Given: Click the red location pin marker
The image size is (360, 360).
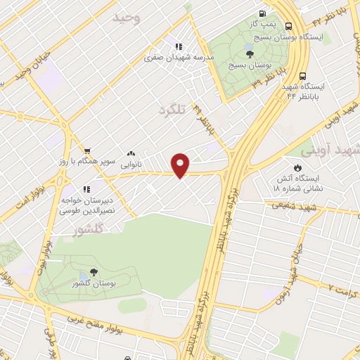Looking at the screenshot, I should click(x=181, y=165).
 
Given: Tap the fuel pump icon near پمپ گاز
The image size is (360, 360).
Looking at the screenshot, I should click(x=262, y=13).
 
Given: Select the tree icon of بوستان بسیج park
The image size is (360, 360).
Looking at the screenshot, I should click(x=250, y=53).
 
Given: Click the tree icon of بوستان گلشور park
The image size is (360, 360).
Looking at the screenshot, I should click(x=94, y=273).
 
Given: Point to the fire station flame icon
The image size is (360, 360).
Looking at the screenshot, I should click(x=297, y=167).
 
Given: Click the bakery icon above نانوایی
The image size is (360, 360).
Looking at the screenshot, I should click(x=131, y=153).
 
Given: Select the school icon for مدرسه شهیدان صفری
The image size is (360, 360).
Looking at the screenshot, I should click(x=179, y=46).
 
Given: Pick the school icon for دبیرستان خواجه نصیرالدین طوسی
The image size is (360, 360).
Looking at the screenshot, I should click(x=87, y=189).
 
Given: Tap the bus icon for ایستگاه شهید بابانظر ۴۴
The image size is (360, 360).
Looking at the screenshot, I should click(x=302, y=76).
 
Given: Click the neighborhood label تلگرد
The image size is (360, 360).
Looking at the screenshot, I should click(x=172, y=110).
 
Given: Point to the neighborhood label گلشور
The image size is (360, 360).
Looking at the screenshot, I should click(x=88, y=229).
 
